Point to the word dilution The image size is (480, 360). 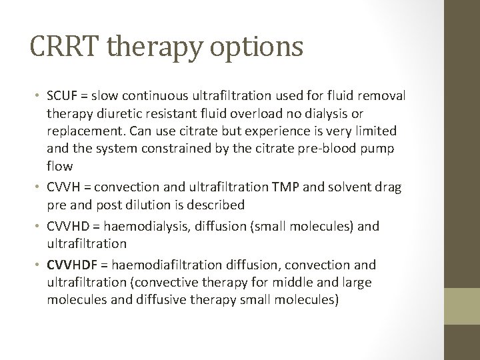pos(156,205)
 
